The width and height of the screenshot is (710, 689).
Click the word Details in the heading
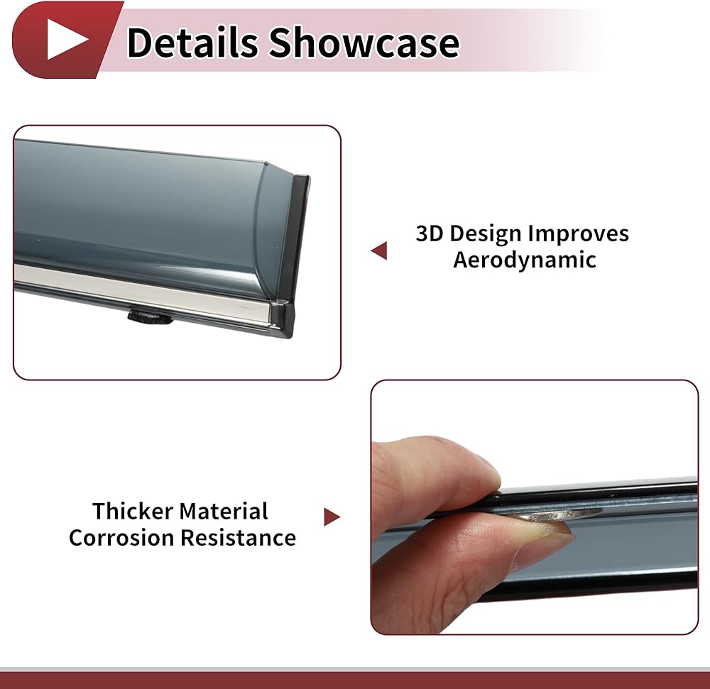192,43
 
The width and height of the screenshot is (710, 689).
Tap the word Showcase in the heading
365,43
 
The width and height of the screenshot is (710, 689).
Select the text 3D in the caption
430,233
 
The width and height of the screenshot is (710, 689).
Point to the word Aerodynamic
525,260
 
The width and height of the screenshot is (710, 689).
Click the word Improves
578,234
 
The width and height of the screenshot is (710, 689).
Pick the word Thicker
133,511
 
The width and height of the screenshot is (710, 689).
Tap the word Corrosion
121,538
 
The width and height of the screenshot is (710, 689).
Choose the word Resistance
238,538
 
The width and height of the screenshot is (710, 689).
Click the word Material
224,511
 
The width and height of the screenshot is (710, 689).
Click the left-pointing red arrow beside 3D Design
379,250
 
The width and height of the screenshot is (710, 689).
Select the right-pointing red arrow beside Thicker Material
332,517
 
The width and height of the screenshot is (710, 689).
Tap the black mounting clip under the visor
150,316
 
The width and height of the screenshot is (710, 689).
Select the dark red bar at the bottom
355,680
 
